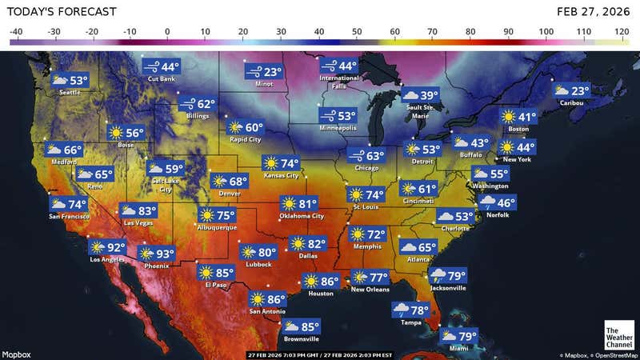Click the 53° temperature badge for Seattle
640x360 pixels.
pyautogui.click(x=70, y=80)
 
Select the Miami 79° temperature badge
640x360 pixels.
pyautogui.click(x=458, y=336)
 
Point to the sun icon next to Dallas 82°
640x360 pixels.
pyautogui.click(x=298, y=243)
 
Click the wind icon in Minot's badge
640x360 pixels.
pyautogui.click(x=254, y=72)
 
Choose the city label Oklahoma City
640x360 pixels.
pyautogui.click(x=302, y=216)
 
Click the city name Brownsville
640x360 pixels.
pyautogui.click(x=301, y=338)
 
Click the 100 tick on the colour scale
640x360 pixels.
pyautogui.click(x=546, y=32)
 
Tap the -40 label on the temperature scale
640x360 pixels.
pyautogui.click(x=16, y=32)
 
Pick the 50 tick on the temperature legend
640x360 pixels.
pyautogui.click(x=357, y=32)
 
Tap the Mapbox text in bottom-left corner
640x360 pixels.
pyautogui.click(x=16, y=354)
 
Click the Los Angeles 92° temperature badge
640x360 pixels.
pyautogui.click(x=108, y=248)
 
